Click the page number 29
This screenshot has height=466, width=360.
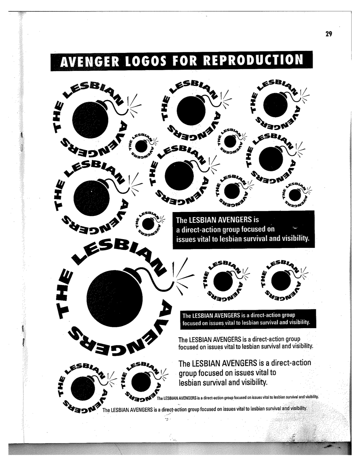point(328,34)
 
